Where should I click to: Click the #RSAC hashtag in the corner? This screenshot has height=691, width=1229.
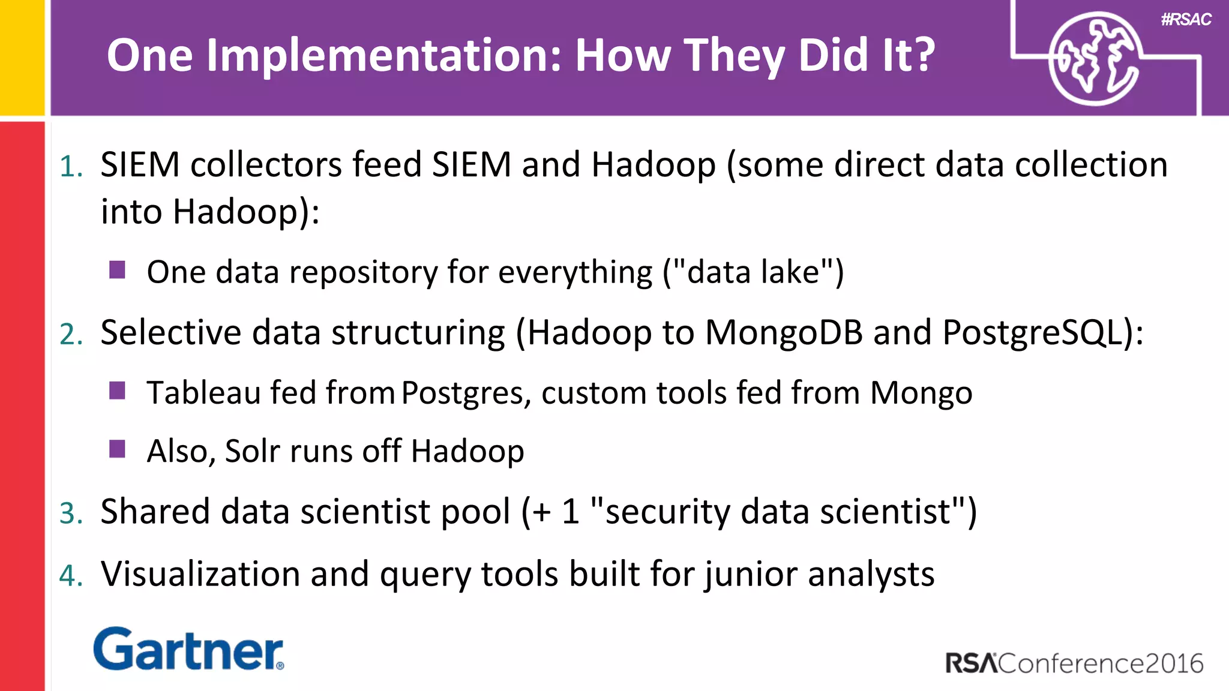click(1186, 20)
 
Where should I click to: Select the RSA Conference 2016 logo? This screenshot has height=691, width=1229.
click(1074, 663)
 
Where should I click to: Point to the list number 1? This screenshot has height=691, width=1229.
click(71, 166)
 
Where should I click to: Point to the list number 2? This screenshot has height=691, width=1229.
click(71, 334)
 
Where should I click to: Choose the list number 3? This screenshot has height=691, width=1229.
click(71, 513)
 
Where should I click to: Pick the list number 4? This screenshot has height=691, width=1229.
click(71, 576)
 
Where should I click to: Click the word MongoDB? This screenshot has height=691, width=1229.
click(784, 332)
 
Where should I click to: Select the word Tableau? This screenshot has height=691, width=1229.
click(204, 393)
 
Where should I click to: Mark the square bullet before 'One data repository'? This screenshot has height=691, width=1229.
click(118, 270)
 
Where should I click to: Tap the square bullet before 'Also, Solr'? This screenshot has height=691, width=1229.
click(118, 449)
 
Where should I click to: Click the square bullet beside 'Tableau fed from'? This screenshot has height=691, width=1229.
click(118, 390)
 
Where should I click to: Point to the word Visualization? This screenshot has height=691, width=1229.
click(200, 574)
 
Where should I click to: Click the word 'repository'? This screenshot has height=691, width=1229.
click(364, 273)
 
